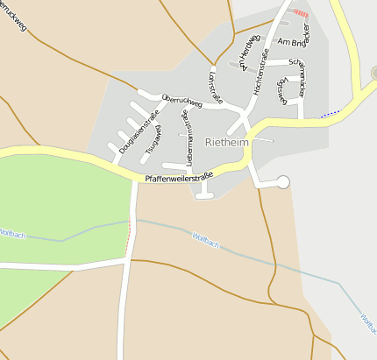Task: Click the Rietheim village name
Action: pos(226,142)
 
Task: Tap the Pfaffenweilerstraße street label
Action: pos(181,179)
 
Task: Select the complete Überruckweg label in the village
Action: pos(182,101)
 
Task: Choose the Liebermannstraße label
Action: pos(186,138)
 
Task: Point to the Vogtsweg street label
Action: pos(281,90)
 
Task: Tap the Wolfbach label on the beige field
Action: pos(205,239)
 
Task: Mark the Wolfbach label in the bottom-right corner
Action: pos(368,326)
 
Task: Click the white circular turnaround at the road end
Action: pos(282,181)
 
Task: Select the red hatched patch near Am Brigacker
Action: pos(301,13)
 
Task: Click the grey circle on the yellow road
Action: pos(373,74)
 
